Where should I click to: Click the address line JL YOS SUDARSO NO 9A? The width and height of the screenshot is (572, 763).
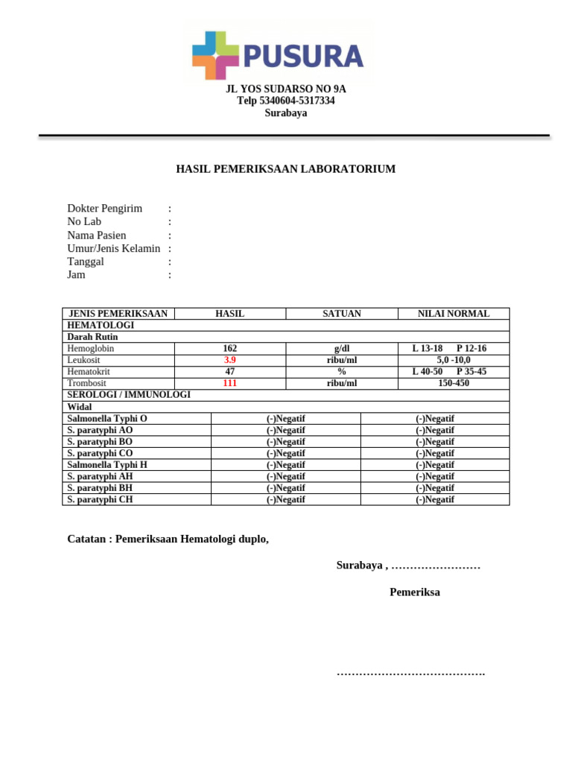(x=286, y=89)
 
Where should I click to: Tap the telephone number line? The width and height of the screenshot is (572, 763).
(x=286, y=101)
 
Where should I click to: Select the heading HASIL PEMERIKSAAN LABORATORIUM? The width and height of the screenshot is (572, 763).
(x=286, y=169)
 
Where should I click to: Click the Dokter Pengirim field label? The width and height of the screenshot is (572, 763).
(x=105, y=209)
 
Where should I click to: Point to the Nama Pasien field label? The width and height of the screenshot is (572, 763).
(x=97, y=235)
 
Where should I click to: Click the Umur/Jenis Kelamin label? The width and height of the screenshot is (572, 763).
(x=114, y=248)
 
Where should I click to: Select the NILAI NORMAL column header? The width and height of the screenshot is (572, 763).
(x=454, y=314)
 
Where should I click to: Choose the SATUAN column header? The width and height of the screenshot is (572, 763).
(x=342, y=314)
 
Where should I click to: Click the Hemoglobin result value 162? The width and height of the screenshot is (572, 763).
(x=230, y=349)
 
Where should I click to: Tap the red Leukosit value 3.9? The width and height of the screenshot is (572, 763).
(x=230, y=360)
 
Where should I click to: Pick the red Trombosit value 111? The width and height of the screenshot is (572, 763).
(x=230, y=383)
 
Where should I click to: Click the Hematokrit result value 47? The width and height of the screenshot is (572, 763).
(x=230, y=371)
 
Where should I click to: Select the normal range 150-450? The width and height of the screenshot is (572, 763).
(x=454, y=383)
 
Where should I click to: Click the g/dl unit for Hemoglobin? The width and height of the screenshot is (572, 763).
(x=342, y=349)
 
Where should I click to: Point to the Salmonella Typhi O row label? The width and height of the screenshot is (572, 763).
(x=107, y=419)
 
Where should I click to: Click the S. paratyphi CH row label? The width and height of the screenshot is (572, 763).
(x=101, y=499)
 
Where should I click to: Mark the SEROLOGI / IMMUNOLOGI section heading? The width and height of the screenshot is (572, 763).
(x=129, y=394)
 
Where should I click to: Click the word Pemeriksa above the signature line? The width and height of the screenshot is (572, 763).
(x=415, y=593)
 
